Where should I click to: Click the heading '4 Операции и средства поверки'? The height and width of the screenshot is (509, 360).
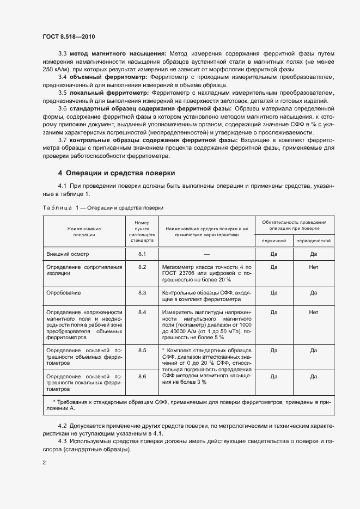(117, 173)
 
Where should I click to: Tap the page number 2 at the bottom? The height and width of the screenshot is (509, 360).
(44, 463)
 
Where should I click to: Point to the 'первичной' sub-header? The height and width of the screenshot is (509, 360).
(274, 241)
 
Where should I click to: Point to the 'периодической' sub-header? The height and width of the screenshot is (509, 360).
(314, 241)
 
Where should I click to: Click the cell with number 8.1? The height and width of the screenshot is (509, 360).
(143, 254)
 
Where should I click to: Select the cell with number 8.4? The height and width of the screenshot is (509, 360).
(143, 312)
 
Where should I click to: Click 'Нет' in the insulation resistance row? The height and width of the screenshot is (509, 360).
(314, 267)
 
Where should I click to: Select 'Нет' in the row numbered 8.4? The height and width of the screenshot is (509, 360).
(314, 312)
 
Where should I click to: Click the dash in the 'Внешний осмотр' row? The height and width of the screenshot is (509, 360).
(207, 254)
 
